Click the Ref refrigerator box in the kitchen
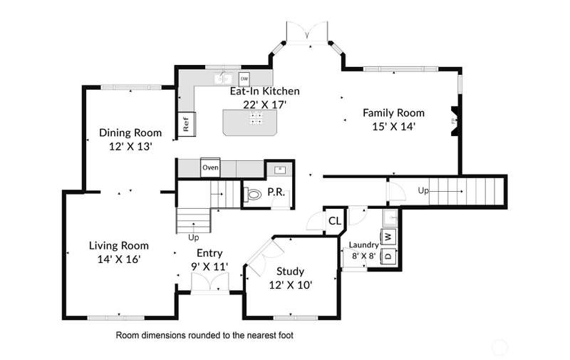pyautogui.click(x=187, y=124)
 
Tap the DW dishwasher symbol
pyautogui.click(x=244, y=79)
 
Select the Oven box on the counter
pyautogui.click(x=210, y=168)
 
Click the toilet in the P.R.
pyautogui.click(x=254, y=195)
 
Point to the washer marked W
pyautogui.click(x=388, y=237)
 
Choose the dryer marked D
pyautogui.click(x=388, y=256)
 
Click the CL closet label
pyautogui.click(x=334, y=221)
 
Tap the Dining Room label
pyautogui.click(x=130, y=133)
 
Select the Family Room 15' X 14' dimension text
pyautogui.click(x=394, y=127)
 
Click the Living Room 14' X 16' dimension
pyautogui.click(x=119, y=259)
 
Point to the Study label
pyautogui.click(x=290, y=272)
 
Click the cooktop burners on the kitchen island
pyautogui.click(x=256, y=118)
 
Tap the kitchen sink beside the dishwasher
pyautogui.click(x=223, y=78)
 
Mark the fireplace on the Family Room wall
pyautogui.click(x=455, y=121)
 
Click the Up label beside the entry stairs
pyautogui.click(x=193, y=238)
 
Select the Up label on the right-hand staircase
pyautogui.click(x=423, y=190)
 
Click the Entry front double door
pyautogui.click(x=210, y=282)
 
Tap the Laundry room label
pyautogui.click(x=363, y=245)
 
